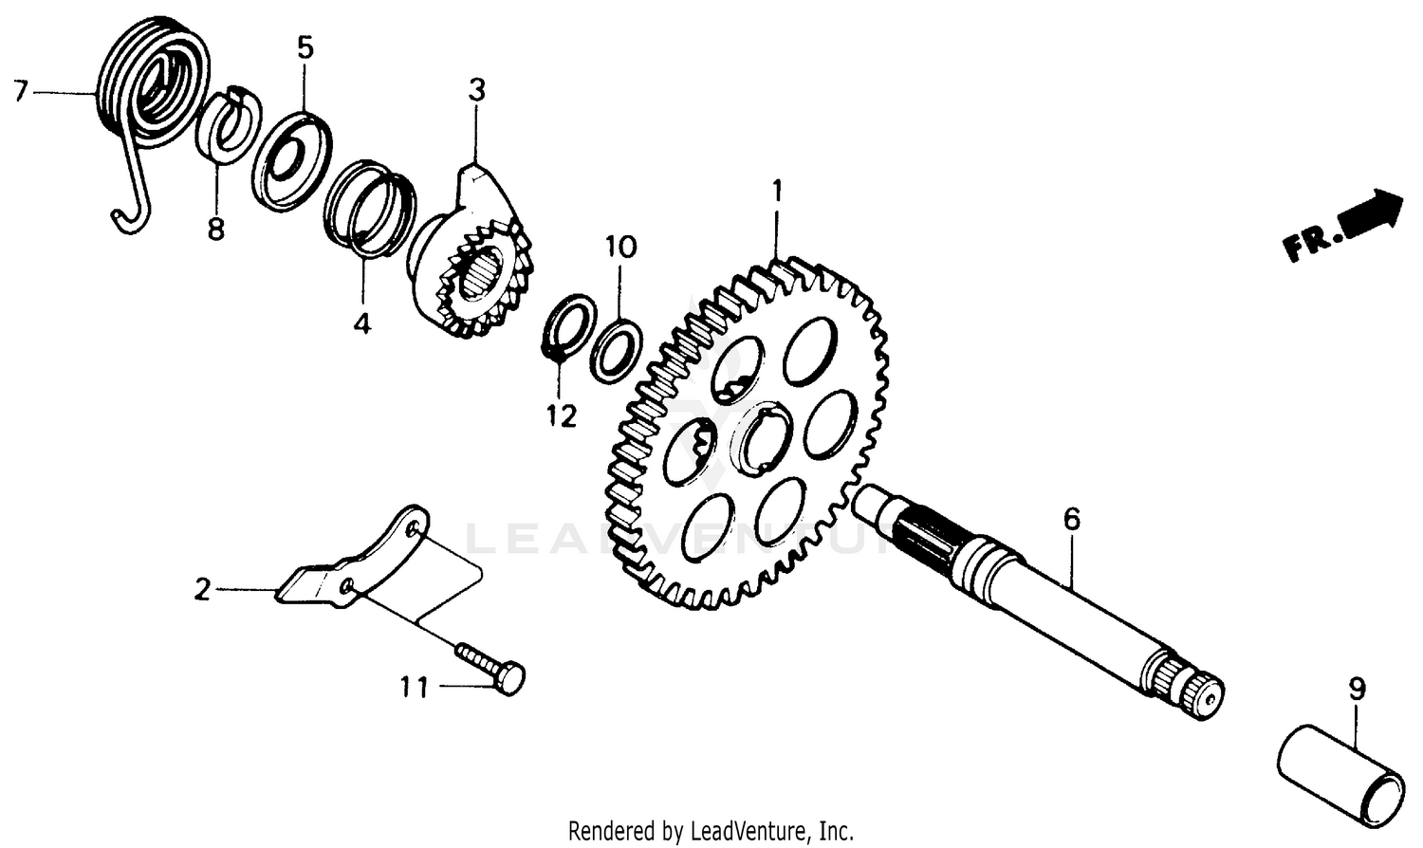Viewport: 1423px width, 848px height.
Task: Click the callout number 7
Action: click(20, 92)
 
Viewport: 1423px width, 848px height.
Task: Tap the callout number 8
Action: click(216, 229)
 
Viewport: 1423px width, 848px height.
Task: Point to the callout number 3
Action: click(476, 90)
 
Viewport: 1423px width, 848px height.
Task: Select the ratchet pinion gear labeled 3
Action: click(474, 266)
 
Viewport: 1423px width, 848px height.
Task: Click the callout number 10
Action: click(621, 248)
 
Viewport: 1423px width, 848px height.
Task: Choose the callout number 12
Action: click(562, 415)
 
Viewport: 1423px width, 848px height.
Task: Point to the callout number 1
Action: click(777, 193)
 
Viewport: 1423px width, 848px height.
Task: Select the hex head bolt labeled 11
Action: click(493, 667)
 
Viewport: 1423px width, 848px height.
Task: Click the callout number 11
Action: click(414, 687)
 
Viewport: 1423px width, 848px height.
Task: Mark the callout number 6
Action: click(1071, 519)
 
